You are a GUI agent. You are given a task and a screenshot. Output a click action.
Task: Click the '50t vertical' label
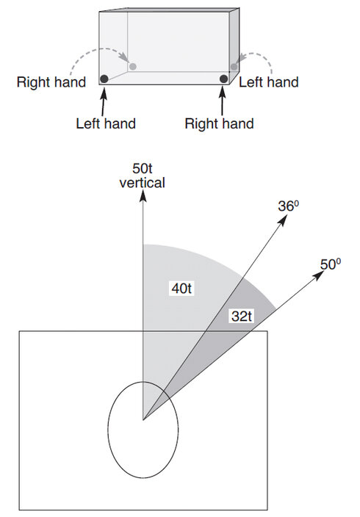coord(142,173)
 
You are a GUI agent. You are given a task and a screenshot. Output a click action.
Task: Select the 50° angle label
coord(331,262)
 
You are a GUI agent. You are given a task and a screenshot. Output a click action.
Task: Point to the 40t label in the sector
coord(180,289)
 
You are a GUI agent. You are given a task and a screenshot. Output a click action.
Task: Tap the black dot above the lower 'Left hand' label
coord(104,79)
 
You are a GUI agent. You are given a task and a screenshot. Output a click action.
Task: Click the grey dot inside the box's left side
coord(133,67)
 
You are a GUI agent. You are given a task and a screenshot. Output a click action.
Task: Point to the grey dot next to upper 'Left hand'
coord(234,67)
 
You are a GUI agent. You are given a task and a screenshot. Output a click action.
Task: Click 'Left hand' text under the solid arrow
coord(106,123)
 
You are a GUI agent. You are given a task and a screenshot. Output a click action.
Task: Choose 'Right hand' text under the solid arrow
coord(220,123)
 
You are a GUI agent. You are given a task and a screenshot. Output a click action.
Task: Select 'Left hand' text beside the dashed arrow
coord(268,82)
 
